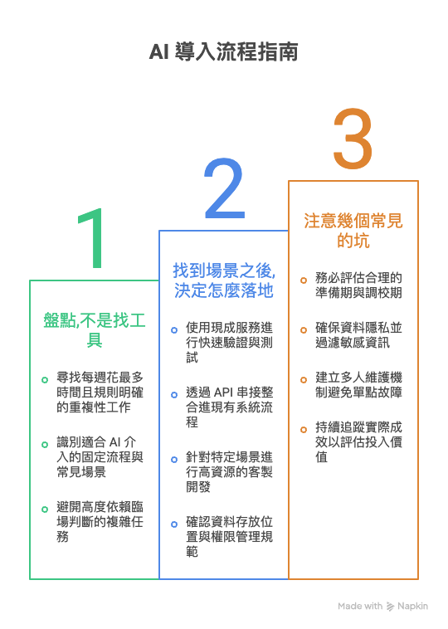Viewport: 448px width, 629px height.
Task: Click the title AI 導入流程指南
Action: coord(224,51)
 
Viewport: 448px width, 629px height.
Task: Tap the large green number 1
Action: coord(92,238)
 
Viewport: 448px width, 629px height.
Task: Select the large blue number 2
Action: coord(225,188)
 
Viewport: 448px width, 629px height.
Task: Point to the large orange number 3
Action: coord(353,139)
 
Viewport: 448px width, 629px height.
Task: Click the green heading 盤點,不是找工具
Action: coord(95,330)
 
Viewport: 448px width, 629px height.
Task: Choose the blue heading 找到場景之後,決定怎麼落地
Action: coord(224,280)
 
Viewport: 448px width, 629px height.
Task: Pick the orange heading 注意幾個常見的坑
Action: coord(353,231)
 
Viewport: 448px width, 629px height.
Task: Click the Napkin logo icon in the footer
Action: coord(390,606)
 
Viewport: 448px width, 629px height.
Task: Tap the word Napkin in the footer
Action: coord(412,606)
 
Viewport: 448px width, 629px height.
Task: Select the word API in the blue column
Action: coord(224,392)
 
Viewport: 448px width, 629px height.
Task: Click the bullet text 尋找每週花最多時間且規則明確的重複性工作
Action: coord(100,392)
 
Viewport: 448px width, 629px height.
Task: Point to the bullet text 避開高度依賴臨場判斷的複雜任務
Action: coord(100,521)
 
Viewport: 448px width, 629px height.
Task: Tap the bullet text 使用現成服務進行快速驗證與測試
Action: coord(230,342)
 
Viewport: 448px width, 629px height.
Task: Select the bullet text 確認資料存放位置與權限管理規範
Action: coord(230,537)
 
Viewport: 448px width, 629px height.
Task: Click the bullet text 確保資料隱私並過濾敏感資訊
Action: coord(358,335)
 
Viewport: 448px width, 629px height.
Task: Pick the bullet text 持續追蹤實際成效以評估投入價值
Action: coord(358,441)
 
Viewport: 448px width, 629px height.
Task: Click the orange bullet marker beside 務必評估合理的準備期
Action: coord(304,280)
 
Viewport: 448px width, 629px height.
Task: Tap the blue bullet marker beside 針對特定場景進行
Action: coord(174,460)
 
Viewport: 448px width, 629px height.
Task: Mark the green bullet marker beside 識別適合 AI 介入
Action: coord(45,445)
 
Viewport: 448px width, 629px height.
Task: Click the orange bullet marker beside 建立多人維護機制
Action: coord(304,380)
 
